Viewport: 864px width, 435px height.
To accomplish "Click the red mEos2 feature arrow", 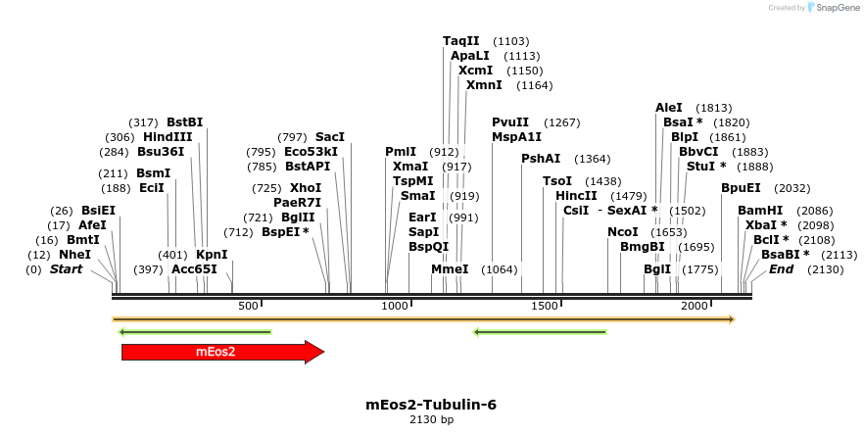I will pyautogui.click(x=220, y=352).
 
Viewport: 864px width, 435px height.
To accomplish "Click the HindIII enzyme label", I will pyautogui.click(x=168, y=137).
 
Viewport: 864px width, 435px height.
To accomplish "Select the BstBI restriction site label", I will pyautogui.click(x=184, y=121).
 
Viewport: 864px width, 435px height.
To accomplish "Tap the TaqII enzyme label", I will pyautogui.click(x=461, y=41).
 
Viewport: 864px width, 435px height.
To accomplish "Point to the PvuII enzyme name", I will pyautogui.click(x=510, y=122).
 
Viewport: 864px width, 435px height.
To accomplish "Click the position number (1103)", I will pyautogui.click(x=511, y=41).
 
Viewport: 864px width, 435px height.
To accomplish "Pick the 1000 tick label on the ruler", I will pyautogui.click(x=395, y=307).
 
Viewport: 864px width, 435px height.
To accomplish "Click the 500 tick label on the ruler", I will pyautogui.click(x=249, y=307).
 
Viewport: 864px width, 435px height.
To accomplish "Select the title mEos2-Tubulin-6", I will pyautogui.click(x=431, y=404).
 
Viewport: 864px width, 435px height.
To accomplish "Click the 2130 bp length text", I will pyautogui.click(x=431, y=419).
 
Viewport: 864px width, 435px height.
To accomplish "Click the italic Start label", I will pyautogui.click(x=67, y=269).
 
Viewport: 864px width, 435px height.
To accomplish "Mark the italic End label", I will pyautogui.click(x=781, y=269).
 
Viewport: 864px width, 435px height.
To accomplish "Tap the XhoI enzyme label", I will pyautogui.click(x=306, y=187).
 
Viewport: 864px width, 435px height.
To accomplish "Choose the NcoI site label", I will pyautogui.click(x=623, y=232).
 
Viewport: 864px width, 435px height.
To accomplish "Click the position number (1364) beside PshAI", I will pyautogui.click(x=592, y=159).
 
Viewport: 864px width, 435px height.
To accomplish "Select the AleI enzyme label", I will pyautogui.click(x=669, y=108).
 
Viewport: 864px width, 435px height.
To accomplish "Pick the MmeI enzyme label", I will pyautogui.click(x=451, y=269).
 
